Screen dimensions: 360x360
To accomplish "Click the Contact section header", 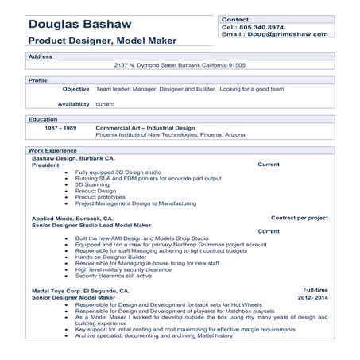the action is pyautogui.click(x=235, y=18).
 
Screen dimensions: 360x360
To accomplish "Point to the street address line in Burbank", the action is pyautogui.click(x=180, y=65).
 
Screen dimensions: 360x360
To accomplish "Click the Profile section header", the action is pyautogui.click(x=37, y=80).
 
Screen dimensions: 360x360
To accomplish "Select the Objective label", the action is pyautogui.click(x=75, y=89).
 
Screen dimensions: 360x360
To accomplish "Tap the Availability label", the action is pyautogui.click(x=73, y=103).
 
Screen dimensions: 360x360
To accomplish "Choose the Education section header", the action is pyautogui.click(x=43, y=118).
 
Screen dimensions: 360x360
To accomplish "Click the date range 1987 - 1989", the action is pyautogui.click(x=60, y=127).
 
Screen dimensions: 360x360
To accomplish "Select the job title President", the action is pyautogui.click(x=45, y=165).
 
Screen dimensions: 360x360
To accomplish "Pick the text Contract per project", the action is pyautogui.click(x=300, y=217).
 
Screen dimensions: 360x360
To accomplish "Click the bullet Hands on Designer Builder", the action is pyautogui.click(x=112, y=257).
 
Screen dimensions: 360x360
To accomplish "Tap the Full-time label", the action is pyautogui.click(x=315, y=291).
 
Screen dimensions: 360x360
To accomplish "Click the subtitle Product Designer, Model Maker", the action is pyautogui.click(x=103, y=40).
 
